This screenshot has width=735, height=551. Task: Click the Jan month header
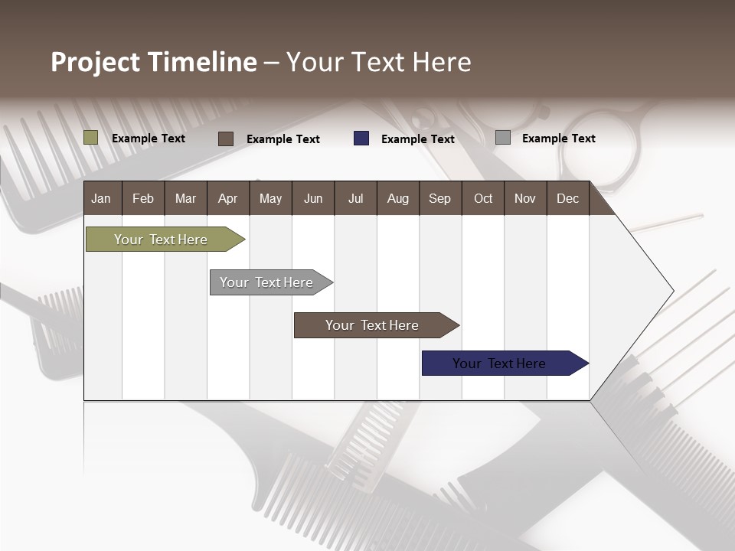102,198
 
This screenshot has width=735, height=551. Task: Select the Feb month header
143,198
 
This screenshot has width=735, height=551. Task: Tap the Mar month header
185,198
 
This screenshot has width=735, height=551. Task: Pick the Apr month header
228,198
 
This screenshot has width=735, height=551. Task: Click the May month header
270,198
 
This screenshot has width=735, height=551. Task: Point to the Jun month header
313,198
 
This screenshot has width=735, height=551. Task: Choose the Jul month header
355,198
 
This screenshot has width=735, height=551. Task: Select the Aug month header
398,198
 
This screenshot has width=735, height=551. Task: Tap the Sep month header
440,198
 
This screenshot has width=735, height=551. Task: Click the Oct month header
483,198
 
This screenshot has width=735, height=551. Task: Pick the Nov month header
525,198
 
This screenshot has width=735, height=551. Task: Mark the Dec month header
568,198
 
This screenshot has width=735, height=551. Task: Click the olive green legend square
91,138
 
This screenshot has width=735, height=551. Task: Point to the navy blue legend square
361,139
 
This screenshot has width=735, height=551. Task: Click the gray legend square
503,138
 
